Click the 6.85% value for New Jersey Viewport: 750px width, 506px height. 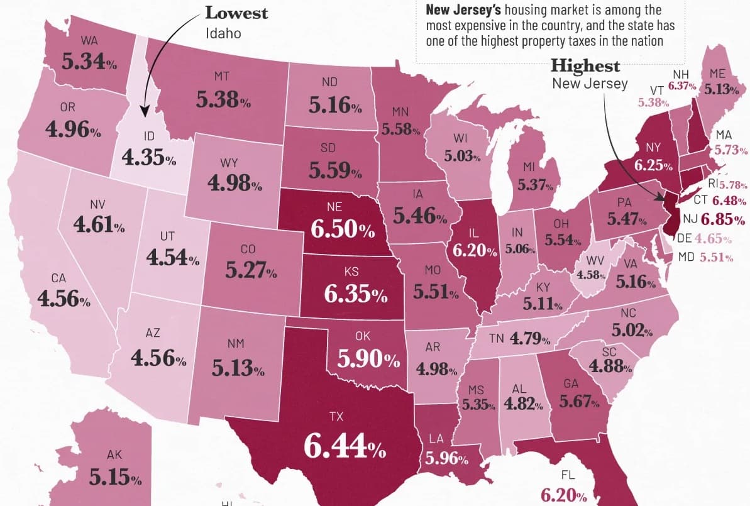pos(723,219)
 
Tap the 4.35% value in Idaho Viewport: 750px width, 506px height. pos(149,157)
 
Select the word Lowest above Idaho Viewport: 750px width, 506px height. pos(236,13)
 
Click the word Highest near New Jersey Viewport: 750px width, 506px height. pos(585,65)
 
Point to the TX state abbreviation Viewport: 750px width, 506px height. pos(336,417)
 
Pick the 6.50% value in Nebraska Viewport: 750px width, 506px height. pos(343,229)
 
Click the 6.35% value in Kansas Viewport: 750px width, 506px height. pos(355,294)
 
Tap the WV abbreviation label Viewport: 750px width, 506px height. pos(595,261)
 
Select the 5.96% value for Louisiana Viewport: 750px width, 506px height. pos(447,459)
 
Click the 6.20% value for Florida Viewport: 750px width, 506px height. pos(563,495)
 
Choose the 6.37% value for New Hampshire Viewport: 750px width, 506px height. pos(682,86)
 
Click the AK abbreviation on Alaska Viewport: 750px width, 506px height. pos(114,454)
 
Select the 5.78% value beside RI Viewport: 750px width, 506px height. pos(733,185)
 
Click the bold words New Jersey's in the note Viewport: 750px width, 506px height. pos(463,9)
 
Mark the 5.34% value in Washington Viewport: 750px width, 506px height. pos(89,62)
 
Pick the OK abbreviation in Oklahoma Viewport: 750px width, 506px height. pos(363,336)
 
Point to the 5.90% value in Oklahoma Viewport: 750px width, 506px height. pos(368,358)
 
